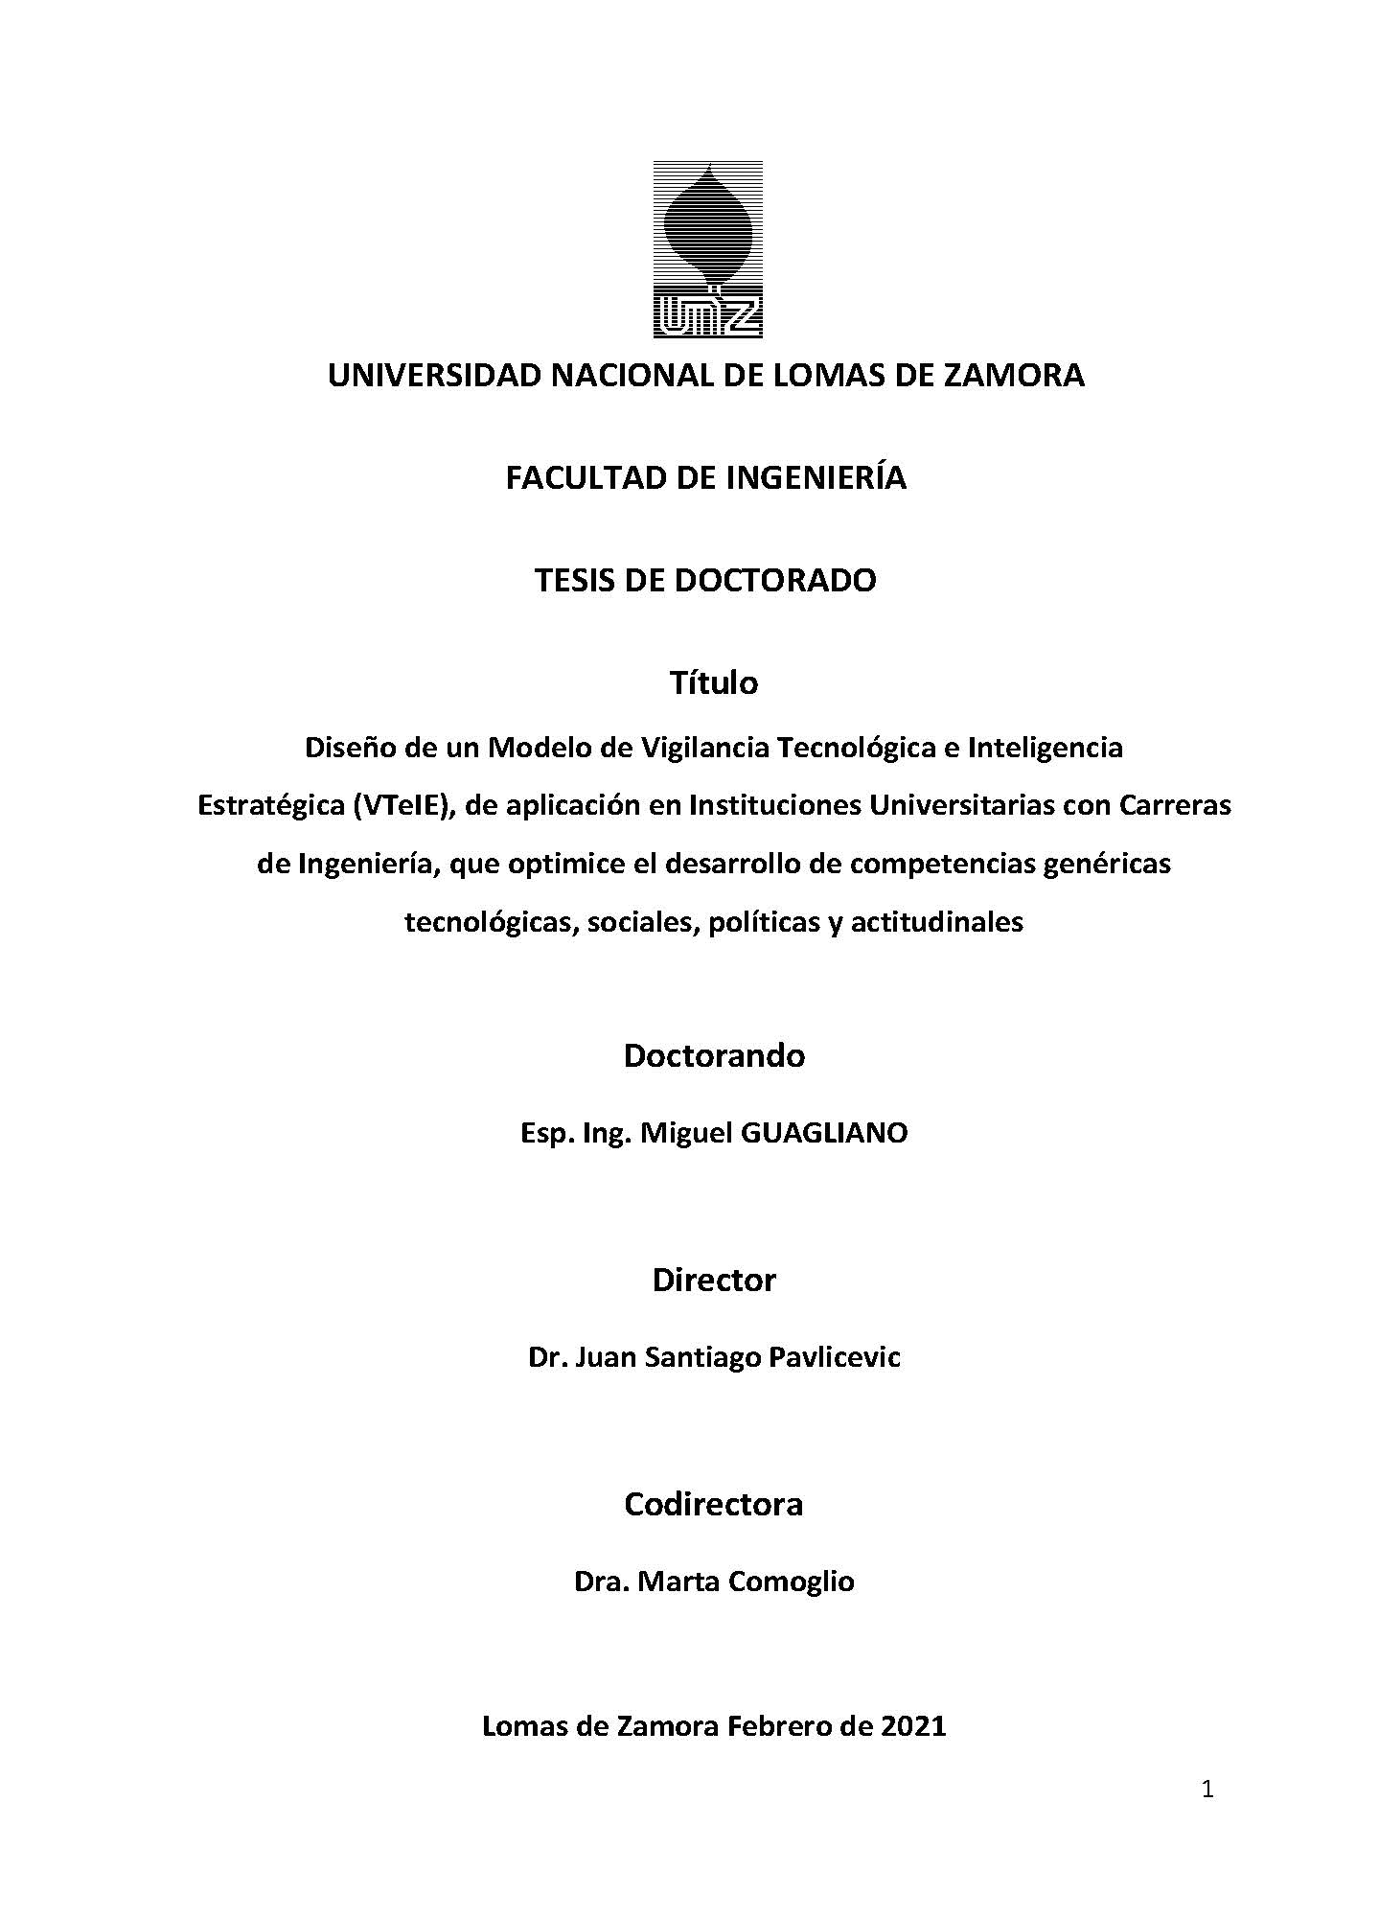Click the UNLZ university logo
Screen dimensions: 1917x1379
(x=707, y=248)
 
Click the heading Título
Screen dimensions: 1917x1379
(x=713, y=682)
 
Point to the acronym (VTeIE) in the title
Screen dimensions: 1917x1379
(x=402, y=805)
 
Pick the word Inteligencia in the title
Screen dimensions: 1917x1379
(x=1045, y=747)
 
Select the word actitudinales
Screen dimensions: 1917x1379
(x=936, y=922)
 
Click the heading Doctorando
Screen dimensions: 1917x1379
(x=713, y=1055)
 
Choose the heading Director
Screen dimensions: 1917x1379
(x=713, y=1280)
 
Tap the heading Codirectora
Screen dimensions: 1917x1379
(x=713, y=1504)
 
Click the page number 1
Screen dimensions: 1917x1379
(x=1207, y=1790)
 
